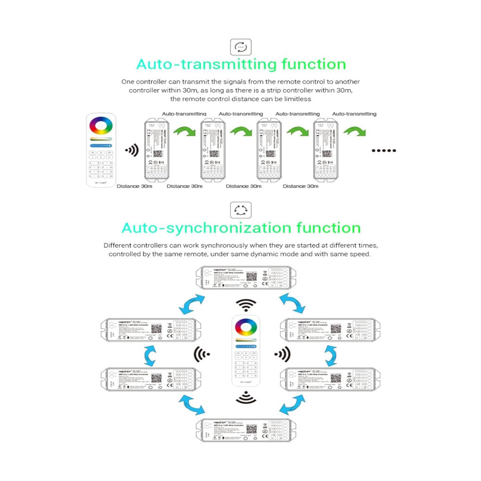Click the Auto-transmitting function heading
coord(241,64)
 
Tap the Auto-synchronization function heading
coord(241,228)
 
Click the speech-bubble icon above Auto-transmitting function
coord(241,47)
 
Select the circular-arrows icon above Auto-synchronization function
coord(241,210)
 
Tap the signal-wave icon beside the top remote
coord(131,150)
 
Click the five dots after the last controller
coord(384,150)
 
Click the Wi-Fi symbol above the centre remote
coord(246,304)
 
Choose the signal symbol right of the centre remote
coord(282,354)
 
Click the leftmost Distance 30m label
coord(134,186)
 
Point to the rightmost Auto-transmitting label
coord(354,114)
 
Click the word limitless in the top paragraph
coord(295,99)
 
